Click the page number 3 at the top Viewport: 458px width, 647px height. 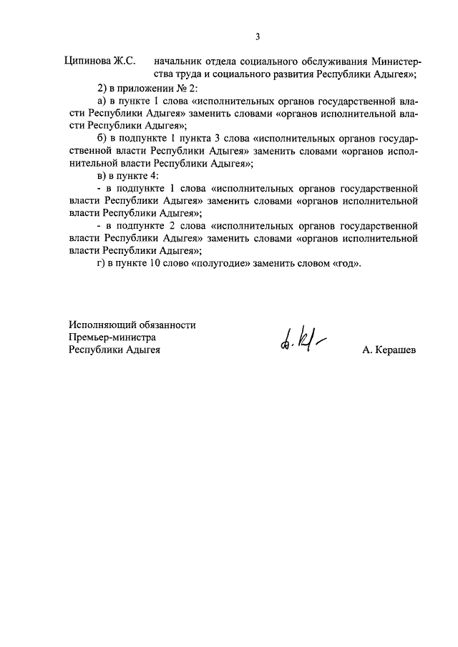(257, 37)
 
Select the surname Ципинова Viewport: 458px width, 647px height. (88, 61)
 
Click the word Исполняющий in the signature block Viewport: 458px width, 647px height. (100, 325)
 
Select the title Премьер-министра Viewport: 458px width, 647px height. (112, 337)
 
